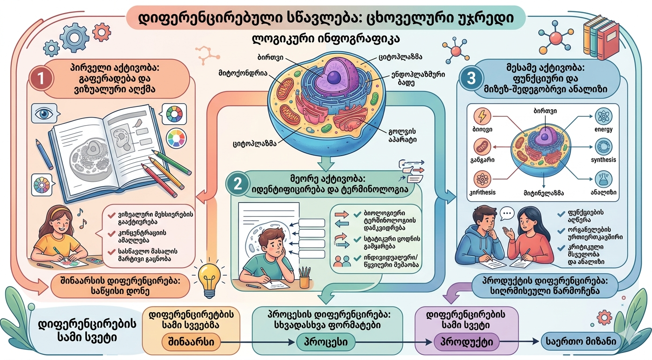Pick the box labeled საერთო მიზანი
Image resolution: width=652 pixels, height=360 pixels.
point(581,342)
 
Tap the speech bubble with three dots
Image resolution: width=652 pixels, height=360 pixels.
point(507,214)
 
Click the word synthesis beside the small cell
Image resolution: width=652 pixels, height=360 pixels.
point(604,160)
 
